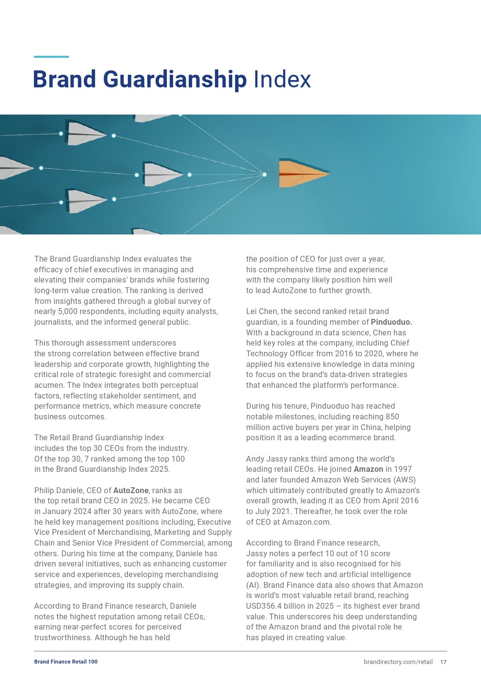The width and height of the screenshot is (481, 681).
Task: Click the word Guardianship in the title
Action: point(175,80)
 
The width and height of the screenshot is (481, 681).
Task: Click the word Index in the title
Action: point(282,80)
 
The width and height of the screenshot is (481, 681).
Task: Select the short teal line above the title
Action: point(51,57)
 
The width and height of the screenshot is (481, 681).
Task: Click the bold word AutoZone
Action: point(131,490)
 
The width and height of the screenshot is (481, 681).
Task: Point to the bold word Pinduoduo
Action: point(391,322)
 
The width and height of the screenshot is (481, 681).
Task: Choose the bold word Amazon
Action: point(369,469)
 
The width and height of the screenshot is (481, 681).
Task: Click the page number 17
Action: point(443,662)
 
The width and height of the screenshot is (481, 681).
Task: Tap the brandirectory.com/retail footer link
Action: point(398,662)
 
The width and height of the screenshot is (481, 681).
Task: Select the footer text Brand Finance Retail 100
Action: point(66,662)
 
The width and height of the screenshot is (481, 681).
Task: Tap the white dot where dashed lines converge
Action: point(264,174)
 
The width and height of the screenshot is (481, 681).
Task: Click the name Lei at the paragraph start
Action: point(252,311)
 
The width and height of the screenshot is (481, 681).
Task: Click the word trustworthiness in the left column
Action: point(63,637)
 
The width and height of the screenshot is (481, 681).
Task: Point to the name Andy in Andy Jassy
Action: point(255,459)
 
